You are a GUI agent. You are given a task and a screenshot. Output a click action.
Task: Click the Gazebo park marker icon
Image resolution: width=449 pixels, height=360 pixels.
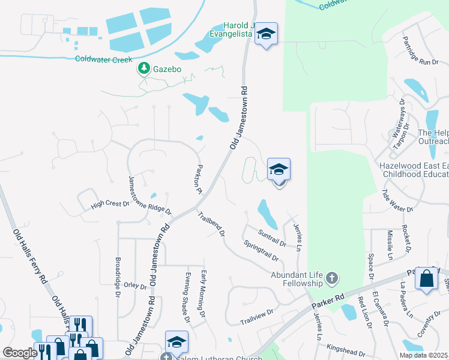(144, 69)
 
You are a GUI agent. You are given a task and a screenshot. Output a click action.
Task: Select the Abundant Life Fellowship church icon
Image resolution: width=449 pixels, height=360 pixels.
(332, 278)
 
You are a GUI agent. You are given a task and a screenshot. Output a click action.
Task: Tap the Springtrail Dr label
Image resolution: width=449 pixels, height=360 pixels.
(262, 250)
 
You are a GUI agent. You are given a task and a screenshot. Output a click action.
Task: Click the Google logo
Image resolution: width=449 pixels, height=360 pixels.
(20, 353)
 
